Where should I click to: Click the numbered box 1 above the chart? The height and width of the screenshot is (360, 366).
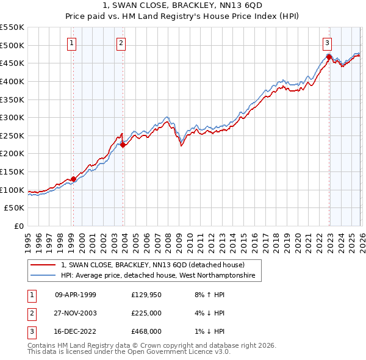[72, 43]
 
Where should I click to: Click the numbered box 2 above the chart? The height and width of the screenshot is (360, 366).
[121, 43]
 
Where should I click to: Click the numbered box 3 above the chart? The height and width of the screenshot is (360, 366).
[328, 43]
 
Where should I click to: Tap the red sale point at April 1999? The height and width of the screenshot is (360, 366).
[73, 179]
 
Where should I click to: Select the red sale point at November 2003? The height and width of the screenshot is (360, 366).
[123, 145]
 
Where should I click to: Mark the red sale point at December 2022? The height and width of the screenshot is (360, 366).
[329, 57]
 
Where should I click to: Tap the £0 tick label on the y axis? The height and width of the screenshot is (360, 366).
[18, 226]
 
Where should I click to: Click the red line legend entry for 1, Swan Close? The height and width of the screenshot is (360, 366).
[152, 265]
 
